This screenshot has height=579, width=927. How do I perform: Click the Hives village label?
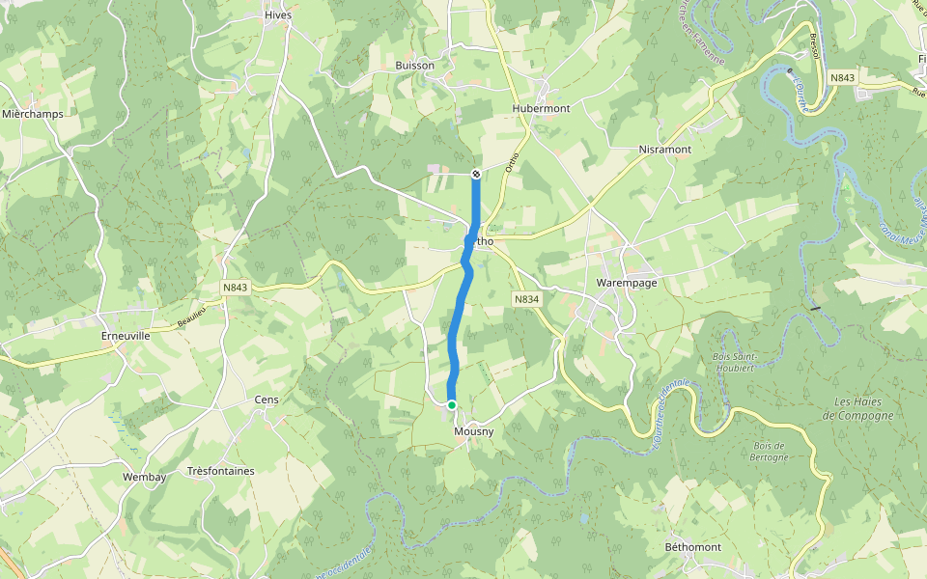click(x=278, y=15)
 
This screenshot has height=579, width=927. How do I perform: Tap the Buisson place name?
click(x=414, y=65)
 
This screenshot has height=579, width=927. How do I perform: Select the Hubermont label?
click(x=542, y=108)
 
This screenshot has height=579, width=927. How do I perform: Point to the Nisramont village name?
click(x=665, y=150)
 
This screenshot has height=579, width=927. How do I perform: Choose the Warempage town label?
click(x=627, y=283)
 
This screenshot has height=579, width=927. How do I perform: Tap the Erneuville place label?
click(x=126, y=336)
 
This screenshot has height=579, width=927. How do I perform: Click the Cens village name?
click(x=266, y=399)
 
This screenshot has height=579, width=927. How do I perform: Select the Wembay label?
click(x=145, y=477)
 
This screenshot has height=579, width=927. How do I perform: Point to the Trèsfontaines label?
click(x=221, y=471)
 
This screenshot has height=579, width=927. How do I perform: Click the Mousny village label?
click(x=473, y=431)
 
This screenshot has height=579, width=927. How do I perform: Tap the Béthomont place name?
click(x=693, y=547)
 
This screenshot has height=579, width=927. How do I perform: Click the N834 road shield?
click(x=525, y=300)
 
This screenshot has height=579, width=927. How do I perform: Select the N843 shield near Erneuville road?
click(x=235, y=288)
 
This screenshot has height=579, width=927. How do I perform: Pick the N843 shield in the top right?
click(x=842, y=77)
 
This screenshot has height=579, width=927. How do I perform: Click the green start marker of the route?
click(x=451, y=405)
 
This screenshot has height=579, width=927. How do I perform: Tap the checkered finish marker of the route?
click(x=476, y=174)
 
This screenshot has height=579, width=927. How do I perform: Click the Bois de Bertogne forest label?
click(x=769, y=451)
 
